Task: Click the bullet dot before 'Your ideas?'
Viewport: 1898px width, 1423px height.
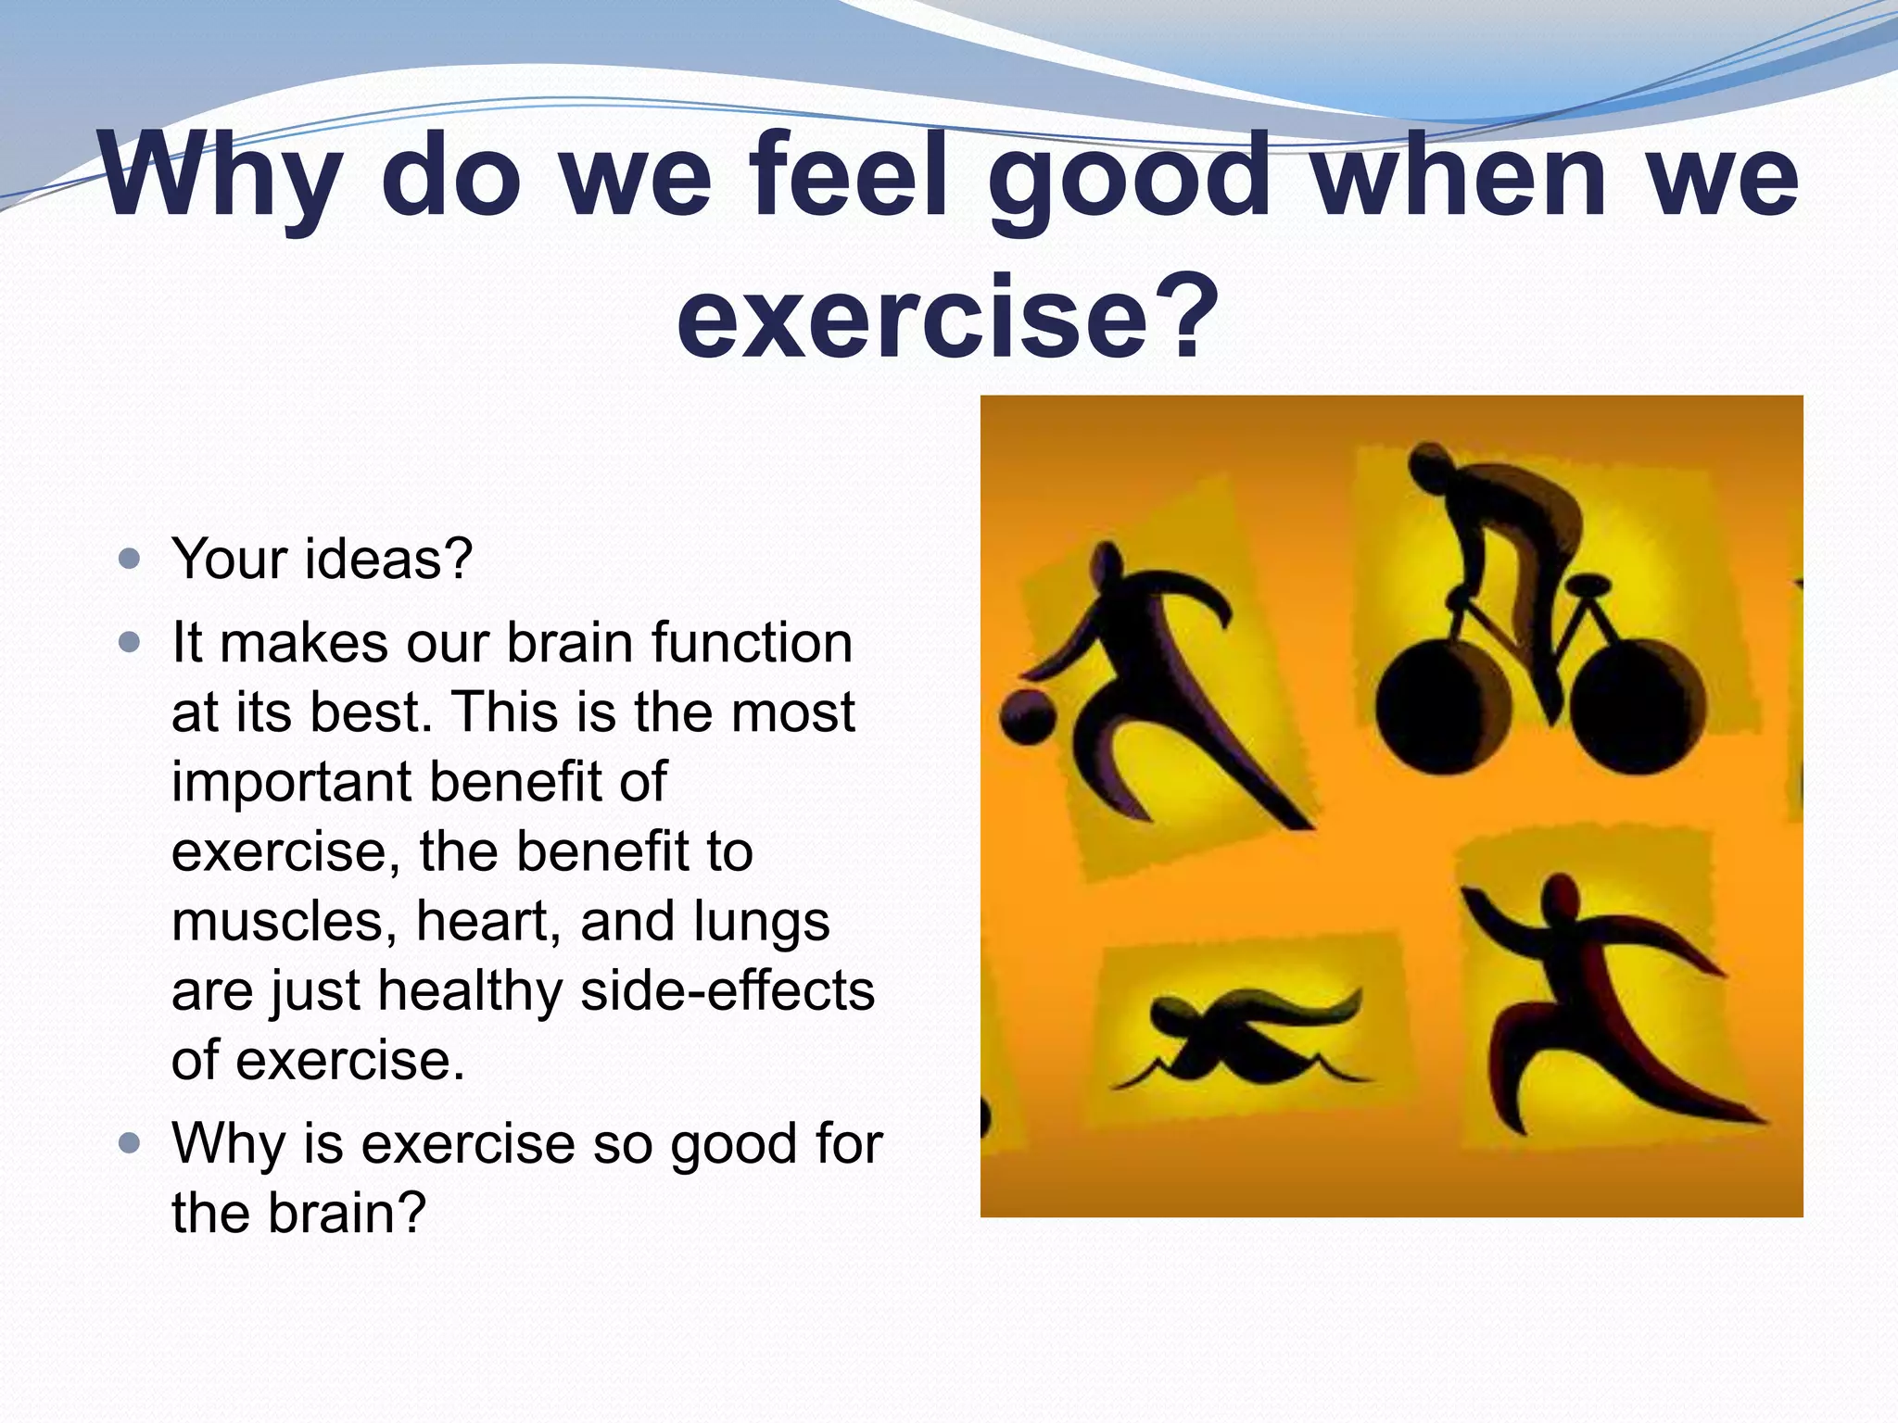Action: (130, 560)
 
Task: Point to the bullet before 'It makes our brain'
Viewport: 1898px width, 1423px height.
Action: (130, 642)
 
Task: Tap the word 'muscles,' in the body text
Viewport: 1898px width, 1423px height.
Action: (284, 922)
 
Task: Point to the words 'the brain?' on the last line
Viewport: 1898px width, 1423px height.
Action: (298, 1213)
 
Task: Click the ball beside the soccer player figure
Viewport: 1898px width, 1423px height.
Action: (1027, 718)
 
